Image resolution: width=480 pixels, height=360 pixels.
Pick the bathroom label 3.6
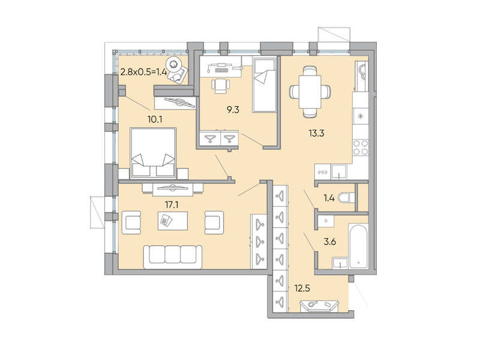click(330, 242)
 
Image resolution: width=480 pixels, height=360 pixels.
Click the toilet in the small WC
click(345, 197)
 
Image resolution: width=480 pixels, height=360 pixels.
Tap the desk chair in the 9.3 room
click(221, 85)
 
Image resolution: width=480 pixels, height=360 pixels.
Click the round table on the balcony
click(175, 64)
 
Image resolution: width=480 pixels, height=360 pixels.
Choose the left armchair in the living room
click(132, 222)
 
